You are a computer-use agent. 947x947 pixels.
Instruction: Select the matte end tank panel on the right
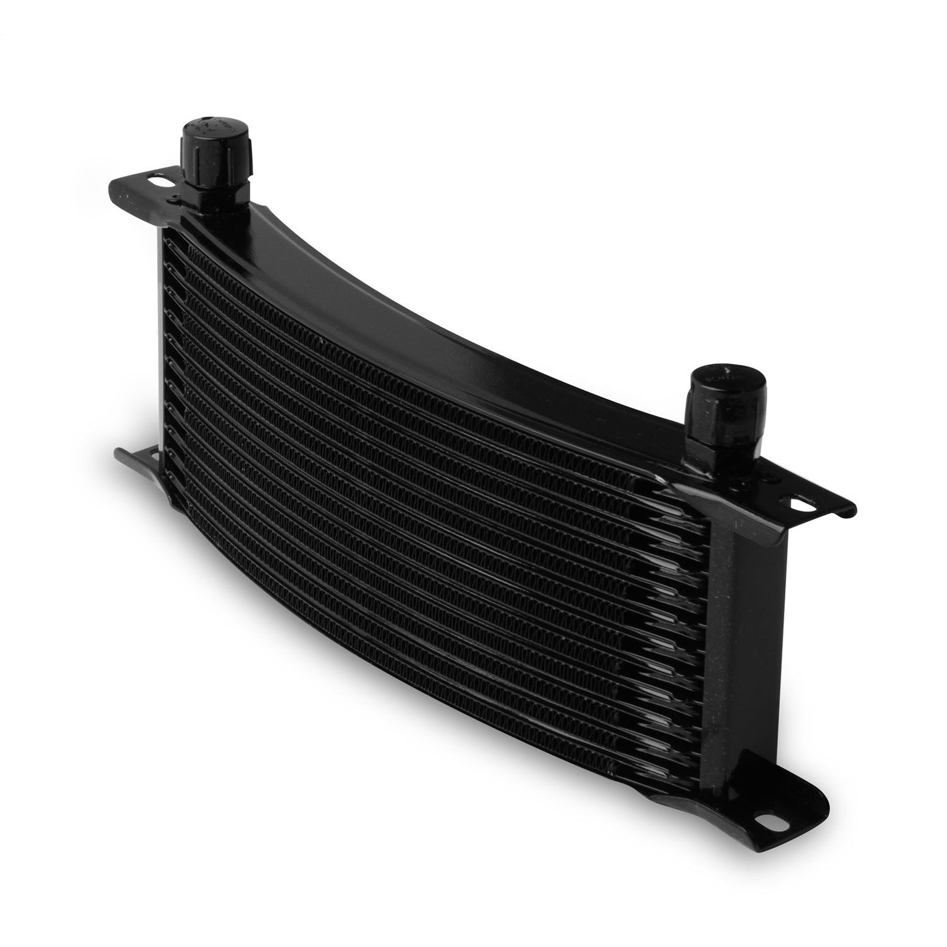747,590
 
